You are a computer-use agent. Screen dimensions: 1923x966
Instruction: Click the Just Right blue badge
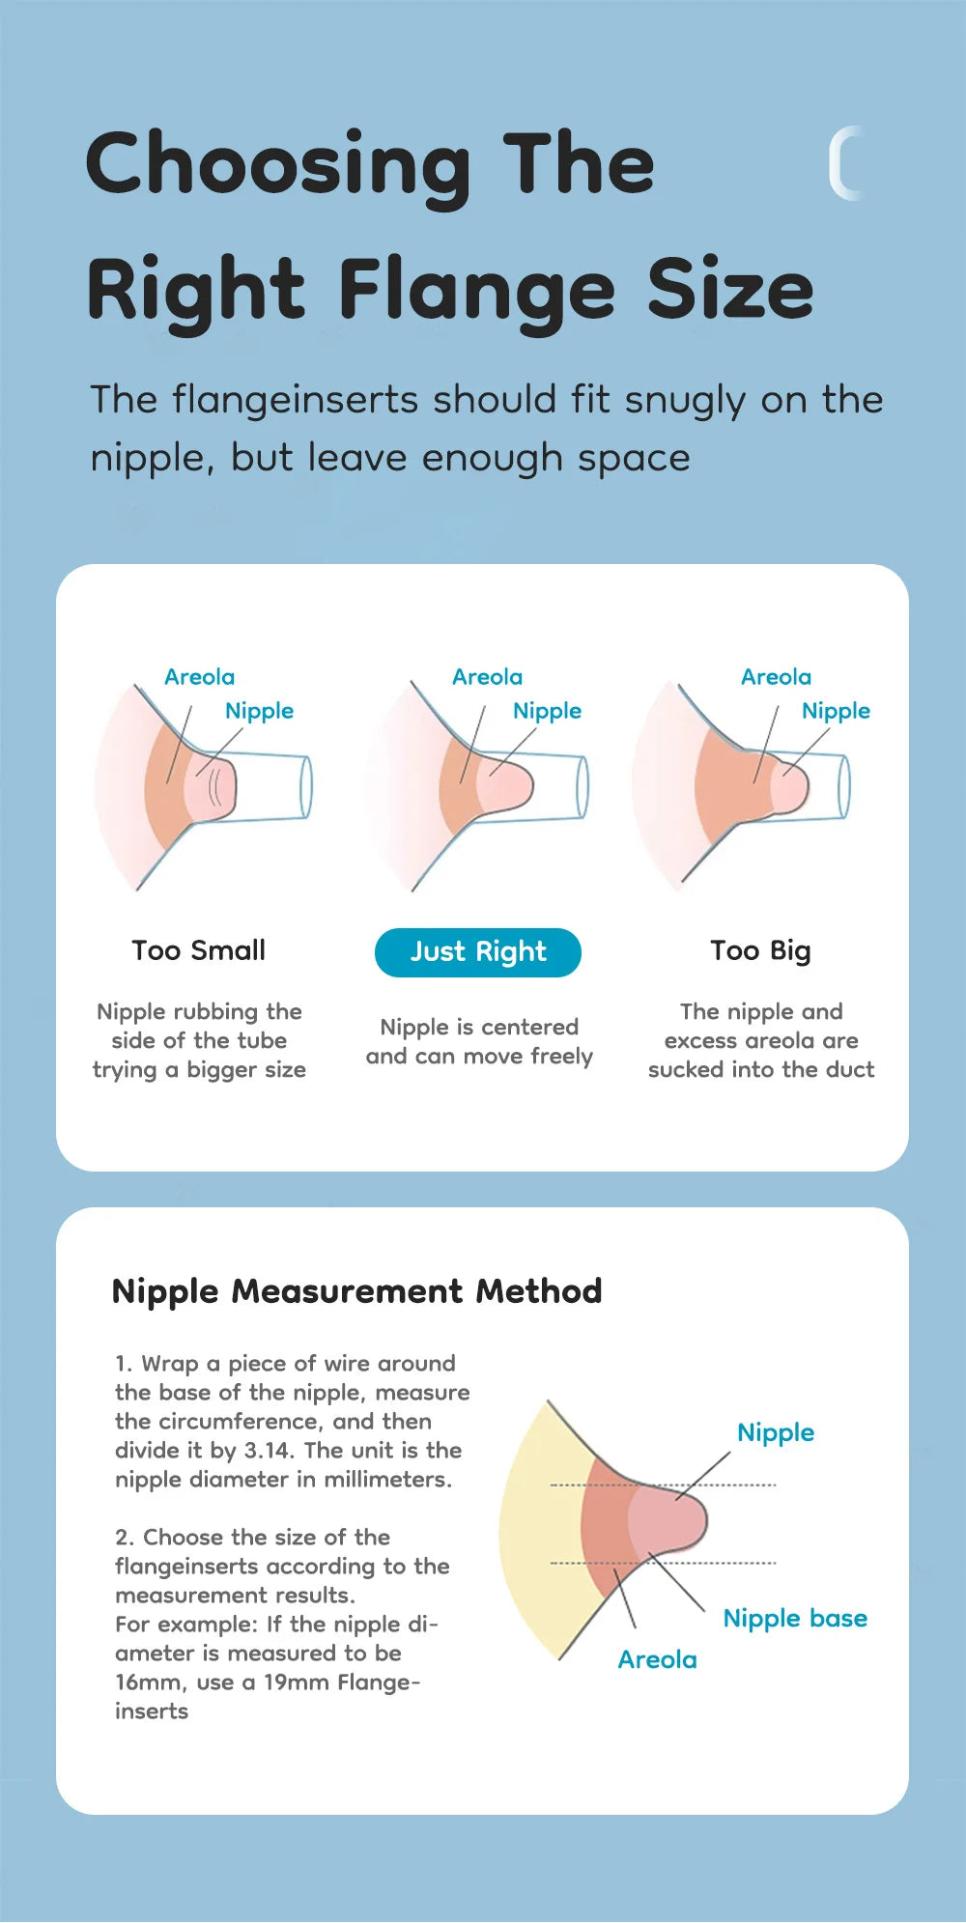click(478, 952)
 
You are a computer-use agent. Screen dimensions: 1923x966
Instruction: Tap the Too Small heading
click(198, 950)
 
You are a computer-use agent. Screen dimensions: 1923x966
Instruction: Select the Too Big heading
click(760, 950)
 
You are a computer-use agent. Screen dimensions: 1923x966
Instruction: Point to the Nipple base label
click(795, 1618)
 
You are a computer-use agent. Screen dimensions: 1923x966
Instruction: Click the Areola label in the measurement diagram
click(657, 1659)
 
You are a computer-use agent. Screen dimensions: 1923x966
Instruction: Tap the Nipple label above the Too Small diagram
click(259, 711)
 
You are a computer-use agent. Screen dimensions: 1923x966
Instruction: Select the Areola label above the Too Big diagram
click(776, 677)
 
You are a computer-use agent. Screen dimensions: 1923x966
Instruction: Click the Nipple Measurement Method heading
click(356, 1291)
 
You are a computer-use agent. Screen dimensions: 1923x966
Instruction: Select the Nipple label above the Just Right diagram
click(547, 711)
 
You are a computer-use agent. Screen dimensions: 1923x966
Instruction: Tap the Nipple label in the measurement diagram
click(775, 1432)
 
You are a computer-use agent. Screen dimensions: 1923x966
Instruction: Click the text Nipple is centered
click(479, 1027)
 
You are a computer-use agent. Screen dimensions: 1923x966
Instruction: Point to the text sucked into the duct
click(761, 1070)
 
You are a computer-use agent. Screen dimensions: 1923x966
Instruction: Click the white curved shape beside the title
click(844, 163)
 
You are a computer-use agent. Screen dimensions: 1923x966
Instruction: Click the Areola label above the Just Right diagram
click(487, 677)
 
